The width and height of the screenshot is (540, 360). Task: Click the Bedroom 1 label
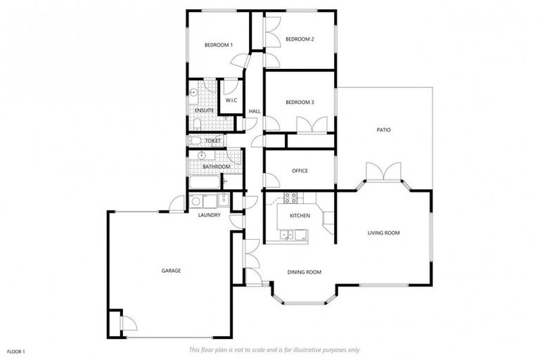tap(218, 45)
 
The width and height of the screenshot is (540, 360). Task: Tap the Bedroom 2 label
tap(300, 39)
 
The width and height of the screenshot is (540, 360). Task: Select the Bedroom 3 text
tap(300, 103)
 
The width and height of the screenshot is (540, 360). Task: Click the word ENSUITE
tap(205, 110)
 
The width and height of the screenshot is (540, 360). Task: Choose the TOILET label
tap(212, 141)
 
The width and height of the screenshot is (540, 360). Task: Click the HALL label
tap(255, 111)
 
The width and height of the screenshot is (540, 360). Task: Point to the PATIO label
tap(383, 130)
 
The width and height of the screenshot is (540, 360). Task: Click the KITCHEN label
tap(300, 215)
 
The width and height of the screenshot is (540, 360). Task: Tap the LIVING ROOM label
tap(383, 233)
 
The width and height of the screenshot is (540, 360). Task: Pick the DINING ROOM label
tap(304, 271)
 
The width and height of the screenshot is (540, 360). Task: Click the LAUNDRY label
tap(210, 215)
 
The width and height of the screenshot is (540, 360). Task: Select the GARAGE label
tap(171, 270)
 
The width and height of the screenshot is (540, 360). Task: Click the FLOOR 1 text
tap(16, 351)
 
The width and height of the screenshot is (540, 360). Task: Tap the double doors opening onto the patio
tap(383, 172)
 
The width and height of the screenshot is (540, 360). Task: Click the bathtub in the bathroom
tap(203, 184)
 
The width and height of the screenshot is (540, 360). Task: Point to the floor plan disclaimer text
tap(274, 349)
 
